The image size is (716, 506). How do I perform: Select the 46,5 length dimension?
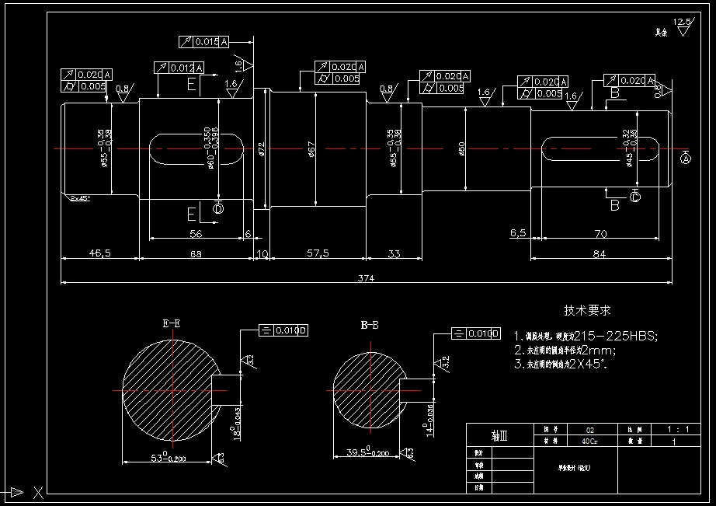100,253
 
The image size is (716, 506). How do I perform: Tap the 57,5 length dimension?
318,253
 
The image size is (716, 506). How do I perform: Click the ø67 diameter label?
311,147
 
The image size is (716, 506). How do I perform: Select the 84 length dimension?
599,253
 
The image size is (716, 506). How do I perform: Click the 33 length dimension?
394,253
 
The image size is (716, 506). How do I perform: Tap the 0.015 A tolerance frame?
203,41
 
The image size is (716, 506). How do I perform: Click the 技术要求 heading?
587,310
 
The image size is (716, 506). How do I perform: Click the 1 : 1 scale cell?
673,429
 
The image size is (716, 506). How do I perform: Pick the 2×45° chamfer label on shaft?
79,198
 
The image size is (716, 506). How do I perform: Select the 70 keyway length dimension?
599,232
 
